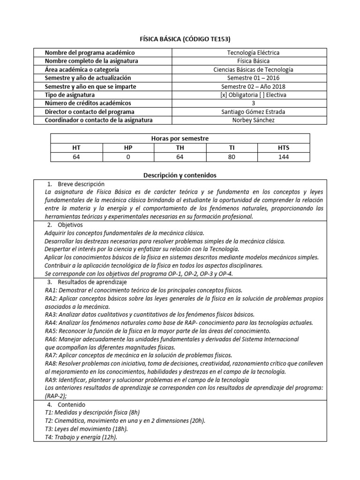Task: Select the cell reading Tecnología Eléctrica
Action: click(x=253, y=53)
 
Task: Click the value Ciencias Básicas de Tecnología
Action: click(x=253, y=70)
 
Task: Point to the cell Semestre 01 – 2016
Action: click(x=253, y=78)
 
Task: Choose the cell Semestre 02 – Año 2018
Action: click(x=253, y=86)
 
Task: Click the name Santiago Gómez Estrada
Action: click(x=253, y=112)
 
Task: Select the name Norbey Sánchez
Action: click(x=253, y=120)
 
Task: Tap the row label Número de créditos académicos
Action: click(x=88, y=103)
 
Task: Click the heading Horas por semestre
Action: click(x=180, y=139)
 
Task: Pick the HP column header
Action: click(x=128, y=148)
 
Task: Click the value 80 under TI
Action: click(x=232, y=157)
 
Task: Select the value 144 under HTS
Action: click(x=283, y=157)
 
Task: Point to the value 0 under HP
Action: click(x=128, y=157)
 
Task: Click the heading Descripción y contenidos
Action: click(x=180, y=175)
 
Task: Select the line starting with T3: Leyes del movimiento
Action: click(x=87, y=428)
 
